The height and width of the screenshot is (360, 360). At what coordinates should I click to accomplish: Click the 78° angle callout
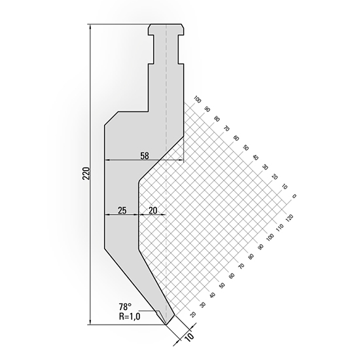[125, 306]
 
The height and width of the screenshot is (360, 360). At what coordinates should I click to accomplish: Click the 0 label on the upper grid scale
[295, 195]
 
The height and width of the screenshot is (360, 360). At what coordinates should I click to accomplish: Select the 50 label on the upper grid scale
[246, 147]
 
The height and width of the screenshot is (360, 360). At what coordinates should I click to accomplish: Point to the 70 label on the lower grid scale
[242, 265]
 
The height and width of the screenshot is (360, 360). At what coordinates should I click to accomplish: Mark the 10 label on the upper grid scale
[285, 186]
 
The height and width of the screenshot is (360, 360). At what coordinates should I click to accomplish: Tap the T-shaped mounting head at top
[166, 30]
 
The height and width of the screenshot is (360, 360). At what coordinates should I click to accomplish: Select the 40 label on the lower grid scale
[213, 295]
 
